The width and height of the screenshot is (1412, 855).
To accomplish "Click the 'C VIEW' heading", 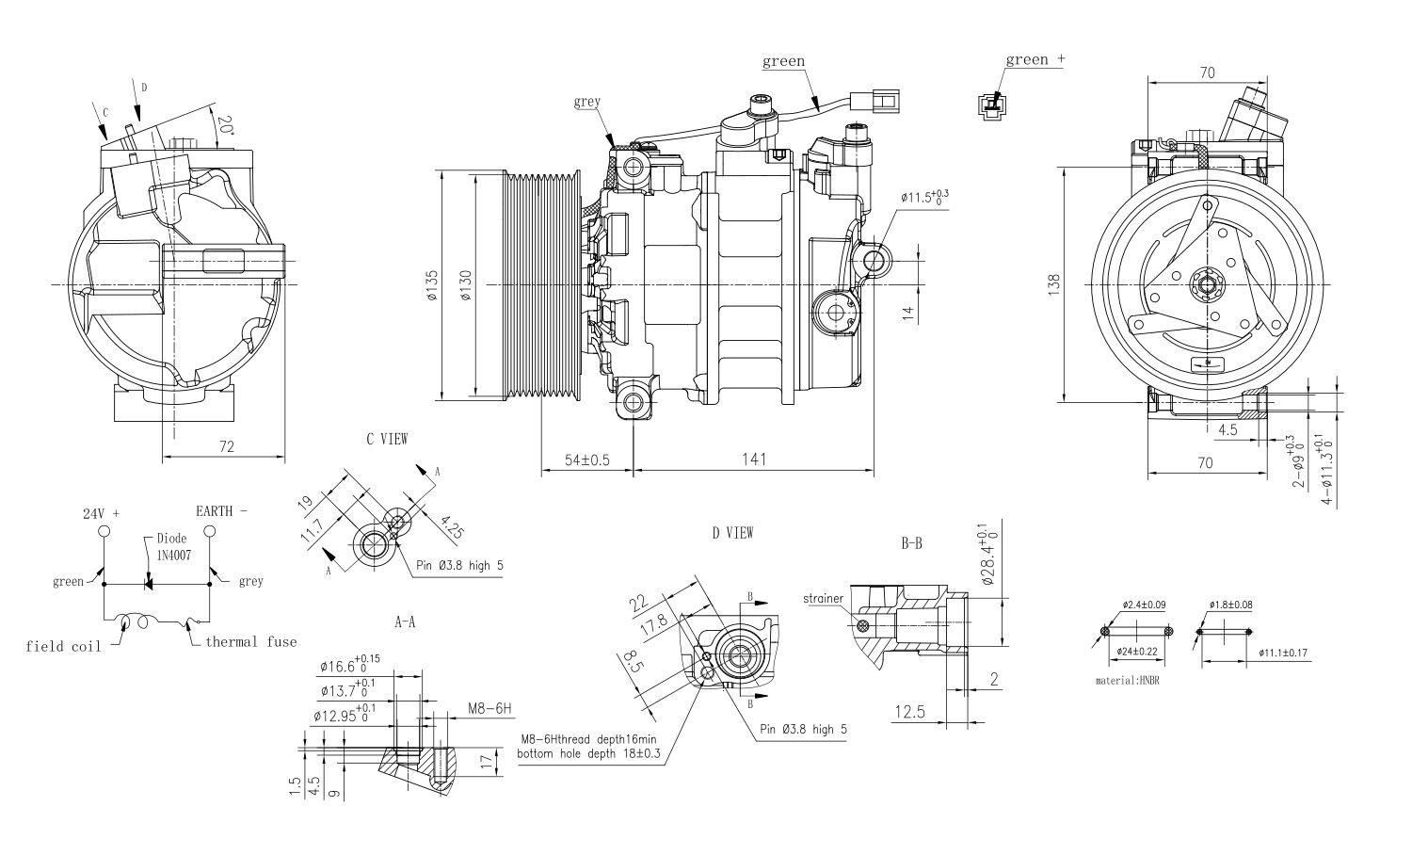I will (x=387, y=439).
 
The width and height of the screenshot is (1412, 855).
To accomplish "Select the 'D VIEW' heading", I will (x=732, y=533).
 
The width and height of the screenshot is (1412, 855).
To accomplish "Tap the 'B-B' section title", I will (x=911, y=543).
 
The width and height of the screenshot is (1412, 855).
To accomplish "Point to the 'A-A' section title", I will (x=405, y=622).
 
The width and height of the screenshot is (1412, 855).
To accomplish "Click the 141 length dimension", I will (x=753, y=460).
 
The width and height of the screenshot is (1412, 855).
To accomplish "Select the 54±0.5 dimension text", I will (x=586, y=460).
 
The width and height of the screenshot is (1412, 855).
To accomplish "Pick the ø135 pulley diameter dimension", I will (x=432, y=285).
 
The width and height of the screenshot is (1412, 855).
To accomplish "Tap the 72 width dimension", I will (x=226, y=446).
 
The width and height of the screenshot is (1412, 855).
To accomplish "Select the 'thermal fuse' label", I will (x=250, y=642).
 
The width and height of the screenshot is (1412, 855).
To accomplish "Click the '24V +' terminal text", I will (x=102, y=514).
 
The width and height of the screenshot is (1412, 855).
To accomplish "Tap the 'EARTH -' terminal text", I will (x=221, y=511).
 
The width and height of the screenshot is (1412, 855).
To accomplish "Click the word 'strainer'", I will (x=825, y=598).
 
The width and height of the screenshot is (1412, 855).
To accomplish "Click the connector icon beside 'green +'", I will (x=988, y=105).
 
